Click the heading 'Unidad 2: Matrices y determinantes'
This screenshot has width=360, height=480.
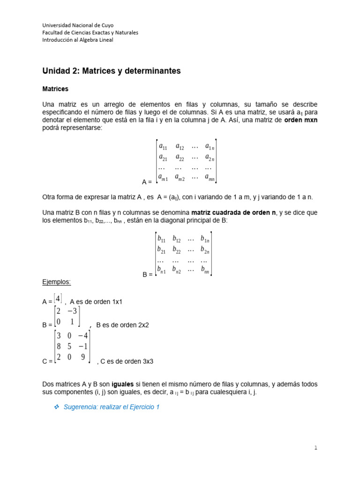(x=111, y=71)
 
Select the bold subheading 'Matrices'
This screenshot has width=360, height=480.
(x=55, y=89)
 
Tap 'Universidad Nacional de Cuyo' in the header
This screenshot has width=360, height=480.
(x=78, y=25)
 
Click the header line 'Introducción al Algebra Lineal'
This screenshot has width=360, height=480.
(x=78, y=40)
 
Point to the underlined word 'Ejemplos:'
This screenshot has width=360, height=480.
(x=56, y=282)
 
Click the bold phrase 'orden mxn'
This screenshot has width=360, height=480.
(x=300, y=120)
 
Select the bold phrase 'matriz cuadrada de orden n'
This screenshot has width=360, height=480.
(x=234, y=213)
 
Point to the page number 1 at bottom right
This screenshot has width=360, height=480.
(x=315, y=448)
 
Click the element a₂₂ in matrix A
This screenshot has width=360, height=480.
(x=180, y=157)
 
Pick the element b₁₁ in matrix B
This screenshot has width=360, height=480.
(x=162, y=239)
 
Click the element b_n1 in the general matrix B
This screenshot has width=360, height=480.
(x=162, y=270)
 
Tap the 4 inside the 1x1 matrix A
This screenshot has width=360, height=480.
(x=57, y=298)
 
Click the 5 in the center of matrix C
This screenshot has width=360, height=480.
(x=69, y=346)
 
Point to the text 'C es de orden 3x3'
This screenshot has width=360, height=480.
(x=127, y=361)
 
